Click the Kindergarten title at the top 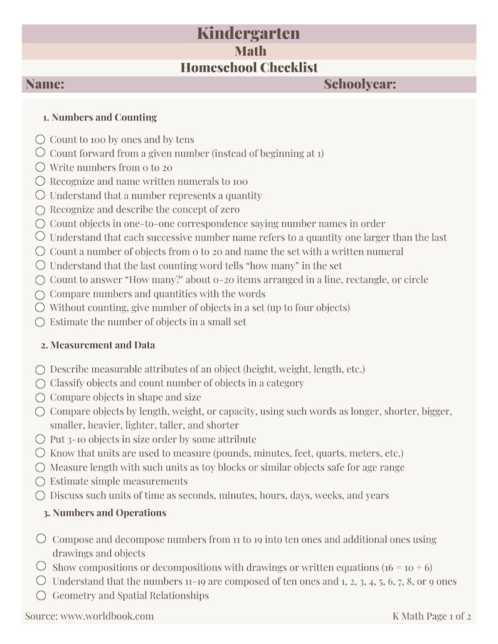point(248,33)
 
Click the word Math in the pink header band point(250,51)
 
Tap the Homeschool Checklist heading point(249,68)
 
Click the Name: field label point(45,85)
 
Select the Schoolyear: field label point(359,85)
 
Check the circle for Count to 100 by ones point(40,139)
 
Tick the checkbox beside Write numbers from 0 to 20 point(40,167)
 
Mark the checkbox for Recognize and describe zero point(40,210)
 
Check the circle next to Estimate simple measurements point(40,482)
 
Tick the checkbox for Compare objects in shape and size point(40,398)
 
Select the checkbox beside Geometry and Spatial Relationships point(41,595)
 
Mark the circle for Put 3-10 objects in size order point(40,439)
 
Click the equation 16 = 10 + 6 point(408,568)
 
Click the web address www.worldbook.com point(107,616)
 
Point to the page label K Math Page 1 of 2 point(432,616)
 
